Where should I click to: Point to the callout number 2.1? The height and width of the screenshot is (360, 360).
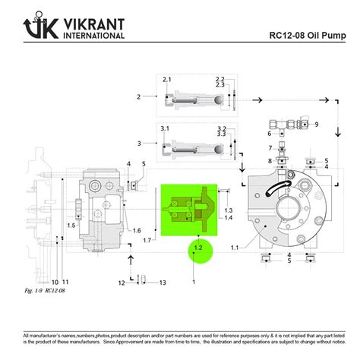(x=167, y=80)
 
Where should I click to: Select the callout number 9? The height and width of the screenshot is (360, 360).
(x=317, y=124)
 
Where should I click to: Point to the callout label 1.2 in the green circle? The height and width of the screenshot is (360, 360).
(x=197, y=248)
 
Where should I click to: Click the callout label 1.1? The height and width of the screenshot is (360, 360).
(x=235, y=248)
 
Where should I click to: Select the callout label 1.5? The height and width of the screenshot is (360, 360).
(x=71, y=225)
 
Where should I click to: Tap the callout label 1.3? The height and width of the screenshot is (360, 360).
(x=228, y=209)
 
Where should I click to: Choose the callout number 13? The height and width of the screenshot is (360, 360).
(x=162, y=283)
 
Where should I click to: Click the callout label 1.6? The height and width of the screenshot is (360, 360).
(x=137, y=230)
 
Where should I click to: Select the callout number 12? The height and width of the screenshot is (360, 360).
(x=121, y=283)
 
